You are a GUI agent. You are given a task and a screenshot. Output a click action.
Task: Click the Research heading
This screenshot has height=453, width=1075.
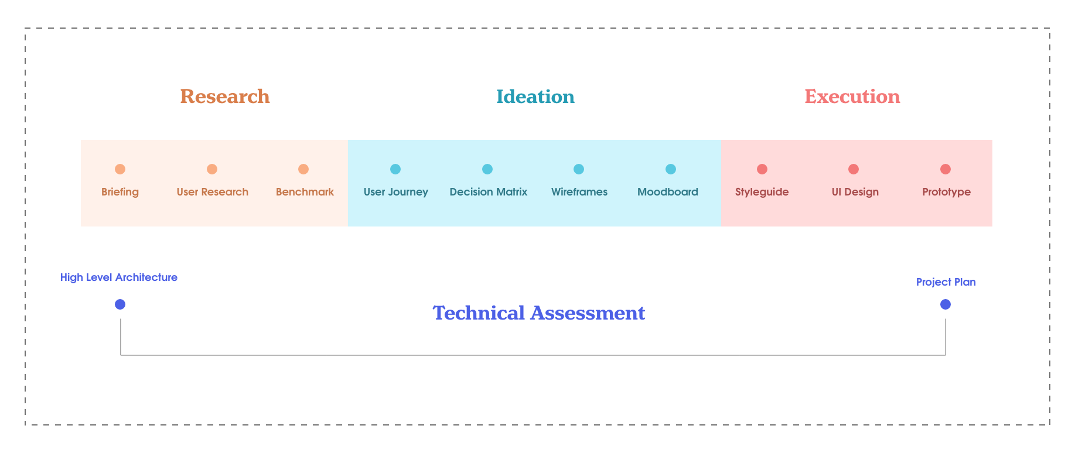[x=225, y=97]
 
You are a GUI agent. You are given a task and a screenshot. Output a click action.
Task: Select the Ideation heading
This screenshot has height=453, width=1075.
[x=535, y=97]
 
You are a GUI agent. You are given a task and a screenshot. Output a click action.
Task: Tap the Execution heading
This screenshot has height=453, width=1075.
[x=852, y=97]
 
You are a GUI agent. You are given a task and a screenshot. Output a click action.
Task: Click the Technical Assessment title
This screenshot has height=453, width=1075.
[x=539, y=313]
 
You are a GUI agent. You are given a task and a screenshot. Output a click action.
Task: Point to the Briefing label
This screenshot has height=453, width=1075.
[x=120, y=192]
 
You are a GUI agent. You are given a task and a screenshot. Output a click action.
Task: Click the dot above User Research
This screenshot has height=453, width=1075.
[x=212, y=169]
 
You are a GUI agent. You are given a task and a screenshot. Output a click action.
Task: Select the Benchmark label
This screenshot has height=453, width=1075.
[x=305, y=192]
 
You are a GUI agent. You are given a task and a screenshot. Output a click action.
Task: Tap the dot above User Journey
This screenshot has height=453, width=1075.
[x=395, y=169]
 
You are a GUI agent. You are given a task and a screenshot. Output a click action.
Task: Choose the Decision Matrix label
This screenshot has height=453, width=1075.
[x=489, y=192]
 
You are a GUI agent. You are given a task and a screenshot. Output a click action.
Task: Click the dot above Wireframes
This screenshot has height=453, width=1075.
[x=579, y=169]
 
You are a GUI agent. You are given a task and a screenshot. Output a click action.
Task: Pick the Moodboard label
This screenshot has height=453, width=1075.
[x=668, y=192]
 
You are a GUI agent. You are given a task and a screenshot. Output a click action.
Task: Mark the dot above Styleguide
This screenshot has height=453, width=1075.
[x=762, y=169]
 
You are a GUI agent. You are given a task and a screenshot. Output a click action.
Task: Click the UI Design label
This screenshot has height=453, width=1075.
[x=855, y=192]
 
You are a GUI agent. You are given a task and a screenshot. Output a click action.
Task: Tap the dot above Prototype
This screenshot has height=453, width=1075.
[x=946, y=169]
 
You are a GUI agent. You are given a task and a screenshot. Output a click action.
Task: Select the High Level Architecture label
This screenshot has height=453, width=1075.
[x=119, y=277]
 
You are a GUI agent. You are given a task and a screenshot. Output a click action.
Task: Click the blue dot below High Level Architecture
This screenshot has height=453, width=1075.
[x=120, y=304]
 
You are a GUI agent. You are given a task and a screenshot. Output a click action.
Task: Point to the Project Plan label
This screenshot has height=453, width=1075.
[x=946, y=282]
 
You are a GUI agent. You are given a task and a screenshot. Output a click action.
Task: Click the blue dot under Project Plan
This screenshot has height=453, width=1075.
[x=946, y=304]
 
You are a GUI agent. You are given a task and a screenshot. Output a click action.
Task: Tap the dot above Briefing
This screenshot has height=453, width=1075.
[x=120, y=169]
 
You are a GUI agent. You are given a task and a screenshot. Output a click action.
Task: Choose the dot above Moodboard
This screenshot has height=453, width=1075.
[x=671, y=169]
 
